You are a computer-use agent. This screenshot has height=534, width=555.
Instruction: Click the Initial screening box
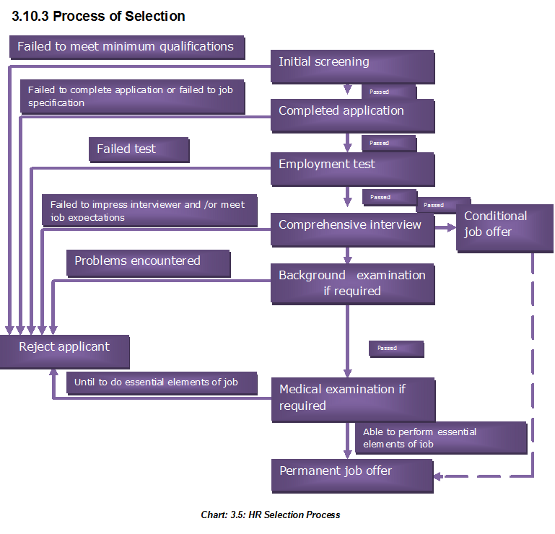coord(352,66)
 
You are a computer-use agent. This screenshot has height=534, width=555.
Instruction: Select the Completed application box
coord(352,115)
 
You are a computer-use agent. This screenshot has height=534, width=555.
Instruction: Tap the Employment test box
coord(352,169)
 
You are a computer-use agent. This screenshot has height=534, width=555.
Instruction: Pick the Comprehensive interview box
coord(352,229)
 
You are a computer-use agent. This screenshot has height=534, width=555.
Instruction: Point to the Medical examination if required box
coord(352,398)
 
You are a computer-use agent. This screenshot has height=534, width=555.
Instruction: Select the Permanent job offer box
coord(352,475)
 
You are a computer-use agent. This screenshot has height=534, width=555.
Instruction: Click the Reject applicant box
coord(64,351)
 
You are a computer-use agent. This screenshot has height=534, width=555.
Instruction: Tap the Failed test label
coord(139,149)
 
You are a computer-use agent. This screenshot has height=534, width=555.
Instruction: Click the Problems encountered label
coord(148,263)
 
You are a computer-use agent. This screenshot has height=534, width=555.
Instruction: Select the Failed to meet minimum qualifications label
coord(126,47)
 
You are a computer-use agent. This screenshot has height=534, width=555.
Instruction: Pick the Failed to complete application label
coord(131,97)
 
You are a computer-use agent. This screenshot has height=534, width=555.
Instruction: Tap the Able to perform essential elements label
coord(440,437)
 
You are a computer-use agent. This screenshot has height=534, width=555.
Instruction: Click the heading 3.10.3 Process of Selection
coord(99,16)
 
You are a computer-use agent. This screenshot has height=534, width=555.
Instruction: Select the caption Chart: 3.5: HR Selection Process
coord(271,515)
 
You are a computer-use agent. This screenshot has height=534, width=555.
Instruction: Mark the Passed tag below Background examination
coord(396,349)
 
